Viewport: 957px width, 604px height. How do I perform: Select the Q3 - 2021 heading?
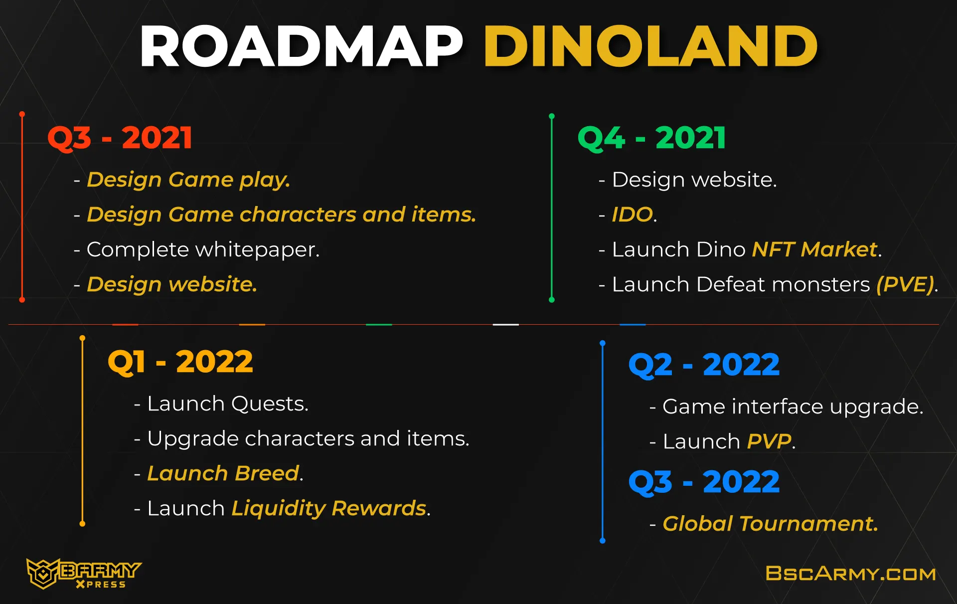(x=120, y=138)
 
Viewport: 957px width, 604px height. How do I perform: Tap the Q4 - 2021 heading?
(x=651, y=138)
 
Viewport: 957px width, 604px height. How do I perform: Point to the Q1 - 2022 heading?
(x=180, y=362)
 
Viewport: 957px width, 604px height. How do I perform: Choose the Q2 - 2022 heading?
(x=704, y=365)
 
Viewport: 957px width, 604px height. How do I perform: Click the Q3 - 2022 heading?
(x=704, y=482)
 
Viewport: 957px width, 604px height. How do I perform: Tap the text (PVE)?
(x=905, y=284)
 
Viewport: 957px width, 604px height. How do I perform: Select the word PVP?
(x=769, y=441)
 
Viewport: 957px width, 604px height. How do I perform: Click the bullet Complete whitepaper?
(x=196, y=250)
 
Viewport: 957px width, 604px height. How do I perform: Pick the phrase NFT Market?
(x=814, y=249)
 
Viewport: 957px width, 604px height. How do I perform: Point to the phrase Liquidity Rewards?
(x=329, y=509)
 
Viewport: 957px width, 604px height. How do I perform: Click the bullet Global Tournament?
(x=764, y=524)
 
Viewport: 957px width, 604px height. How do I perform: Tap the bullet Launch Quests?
(x=221, y=403)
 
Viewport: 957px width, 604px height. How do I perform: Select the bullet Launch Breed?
(x=219, y=473)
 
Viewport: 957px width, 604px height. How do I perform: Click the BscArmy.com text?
(x=850, y=574)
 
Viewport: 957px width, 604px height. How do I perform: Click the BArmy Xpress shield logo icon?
(x=43, y=573)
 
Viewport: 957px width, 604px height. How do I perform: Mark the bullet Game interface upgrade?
(x=787, y=407)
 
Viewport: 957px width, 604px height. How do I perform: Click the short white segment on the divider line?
(x=505, y=325)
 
